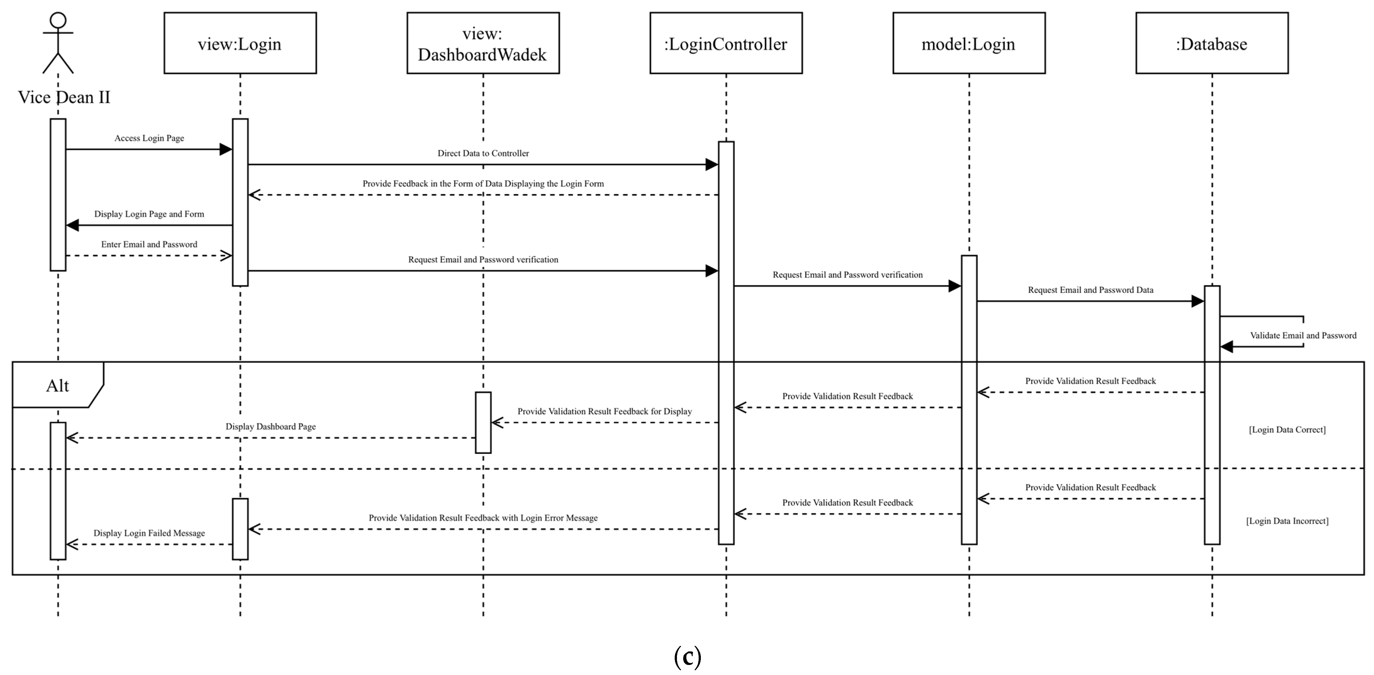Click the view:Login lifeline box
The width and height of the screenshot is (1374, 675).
[240, 43]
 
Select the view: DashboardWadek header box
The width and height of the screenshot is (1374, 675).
[483, 43]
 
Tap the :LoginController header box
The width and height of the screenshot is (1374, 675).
[726, 43]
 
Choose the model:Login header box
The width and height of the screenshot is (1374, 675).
[969, 43]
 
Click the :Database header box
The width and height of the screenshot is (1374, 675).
[1212, 43]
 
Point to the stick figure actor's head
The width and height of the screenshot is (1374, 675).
[58, 20]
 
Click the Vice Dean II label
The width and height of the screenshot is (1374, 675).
[64, 97]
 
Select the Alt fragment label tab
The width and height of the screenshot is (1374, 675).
[58, 385]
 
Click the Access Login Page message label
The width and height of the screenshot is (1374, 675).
[149, 138]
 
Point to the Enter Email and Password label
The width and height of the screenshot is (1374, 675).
[149, 244]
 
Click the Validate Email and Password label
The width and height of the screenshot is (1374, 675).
[1303, 335]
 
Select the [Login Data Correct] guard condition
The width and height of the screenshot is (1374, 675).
[1287, 430]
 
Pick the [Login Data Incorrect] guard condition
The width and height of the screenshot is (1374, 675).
[1287, 521]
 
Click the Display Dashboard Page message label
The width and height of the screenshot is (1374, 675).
[271, 427]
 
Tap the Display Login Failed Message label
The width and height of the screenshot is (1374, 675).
[149, 533]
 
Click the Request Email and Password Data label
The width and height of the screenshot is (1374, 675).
[1091, 290]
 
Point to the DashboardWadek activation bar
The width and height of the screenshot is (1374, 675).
[483, 423]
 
